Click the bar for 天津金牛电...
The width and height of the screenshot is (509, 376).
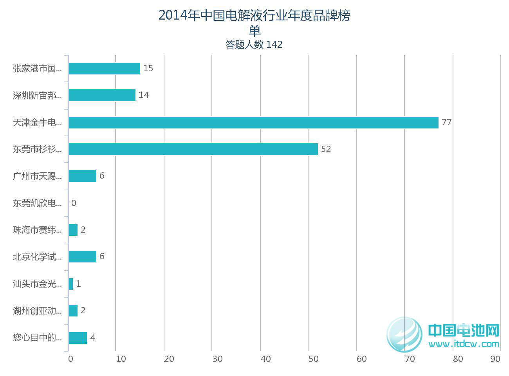pyautogui.click(x=253, y=123)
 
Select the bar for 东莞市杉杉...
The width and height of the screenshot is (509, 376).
pyautogui.click(x=193, y=149)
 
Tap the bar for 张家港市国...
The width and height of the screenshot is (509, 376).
pyautogui.click(x=104, y=69)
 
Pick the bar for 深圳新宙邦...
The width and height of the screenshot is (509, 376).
pyautogui.click(x=102, y=95)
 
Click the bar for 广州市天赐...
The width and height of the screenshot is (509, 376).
pyautogui.click(x=82, y=176)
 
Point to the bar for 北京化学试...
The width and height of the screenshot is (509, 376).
pyautogui.click(x=82, y=257)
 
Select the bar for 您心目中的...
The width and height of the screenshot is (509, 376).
pyautogui.click(x=78, y=338)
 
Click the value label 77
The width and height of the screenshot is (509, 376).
pyautogui.click(x=446, y=123)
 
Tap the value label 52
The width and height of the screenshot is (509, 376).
pyautogui.click(x=326, y=149)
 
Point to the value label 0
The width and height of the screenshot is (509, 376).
pyautogui.click(x=74, y=203)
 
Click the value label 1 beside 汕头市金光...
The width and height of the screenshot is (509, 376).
pyautogui.click(x=78, y=284)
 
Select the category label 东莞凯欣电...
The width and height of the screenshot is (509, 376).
pyautogui.click(x=37, y=203)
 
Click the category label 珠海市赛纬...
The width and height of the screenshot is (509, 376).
pyautogui.click(x=37, y=230)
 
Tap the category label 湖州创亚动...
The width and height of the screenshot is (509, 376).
pyautogui.click(x=37, y=311)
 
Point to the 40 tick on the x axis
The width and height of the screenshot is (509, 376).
pyautogui.click(x=265, y=359)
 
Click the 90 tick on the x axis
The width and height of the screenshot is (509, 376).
pyautogui.click(x=495, y=359)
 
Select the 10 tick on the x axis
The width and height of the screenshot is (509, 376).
pyautogui.click(x=121, y=359)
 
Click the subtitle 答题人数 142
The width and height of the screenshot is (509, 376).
pyautogui.click(x=254, y=45)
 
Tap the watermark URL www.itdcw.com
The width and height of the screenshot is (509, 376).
pyautogui.click(x=464, y=344)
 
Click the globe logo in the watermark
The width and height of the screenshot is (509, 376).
pyautogui.click(x=404, y=334)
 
